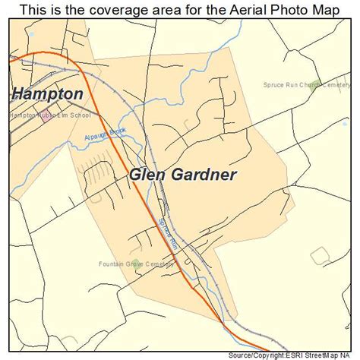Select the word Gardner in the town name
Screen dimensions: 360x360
point(203,174)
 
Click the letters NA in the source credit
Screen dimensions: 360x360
point(349,354)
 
